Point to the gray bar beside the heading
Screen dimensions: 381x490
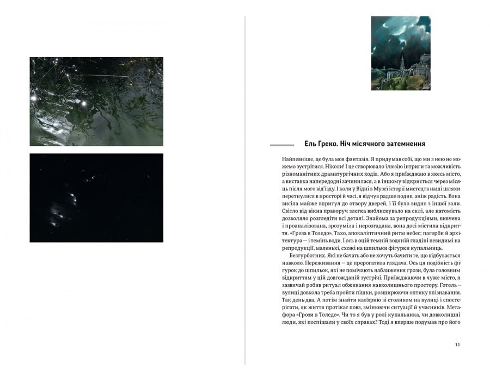282,145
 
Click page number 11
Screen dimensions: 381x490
457,344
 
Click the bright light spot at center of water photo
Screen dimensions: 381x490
83,102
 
